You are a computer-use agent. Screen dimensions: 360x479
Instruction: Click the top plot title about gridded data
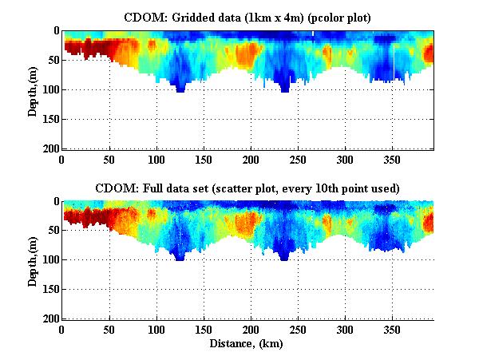click(248, 16)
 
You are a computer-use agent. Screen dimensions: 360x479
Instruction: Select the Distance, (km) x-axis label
click(248, 344)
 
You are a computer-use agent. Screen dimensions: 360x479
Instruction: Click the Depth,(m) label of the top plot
click(33, 89)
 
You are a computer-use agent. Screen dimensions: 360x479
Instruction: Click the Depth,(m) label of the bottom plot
click(33, 260)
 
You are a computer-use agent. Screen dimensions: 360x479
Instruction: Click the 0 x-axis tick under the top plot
click(61, 159)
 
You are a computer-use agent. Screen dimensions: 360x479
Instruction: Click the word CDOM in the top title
click(141, 16)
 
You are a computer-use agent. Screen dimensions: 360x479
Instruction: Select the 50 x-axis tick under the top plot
click(109, 159)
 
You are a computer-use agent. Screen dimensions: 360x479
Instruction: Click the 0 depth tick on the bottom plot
click(54, 201)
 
